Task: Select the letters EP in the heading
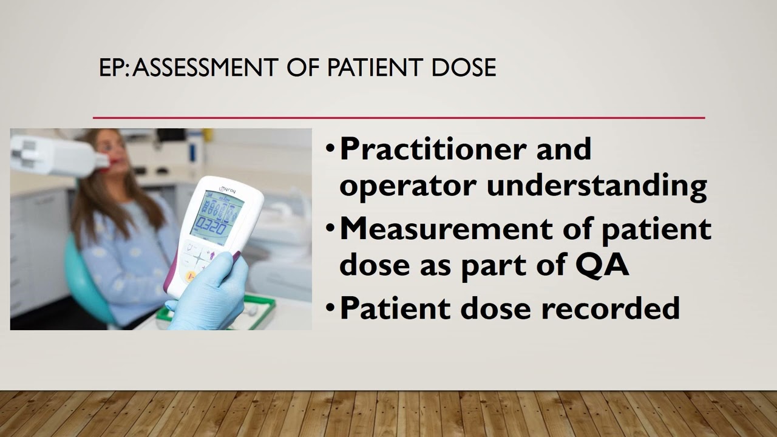click(x=111, y=67)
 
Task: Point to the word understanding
click(x=597, y=185)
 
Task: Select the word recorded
click(x=610, y=308)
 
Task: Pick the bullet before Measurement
click(x=330, y=228)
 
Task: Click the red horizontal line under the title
click(x=399, y=117)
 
